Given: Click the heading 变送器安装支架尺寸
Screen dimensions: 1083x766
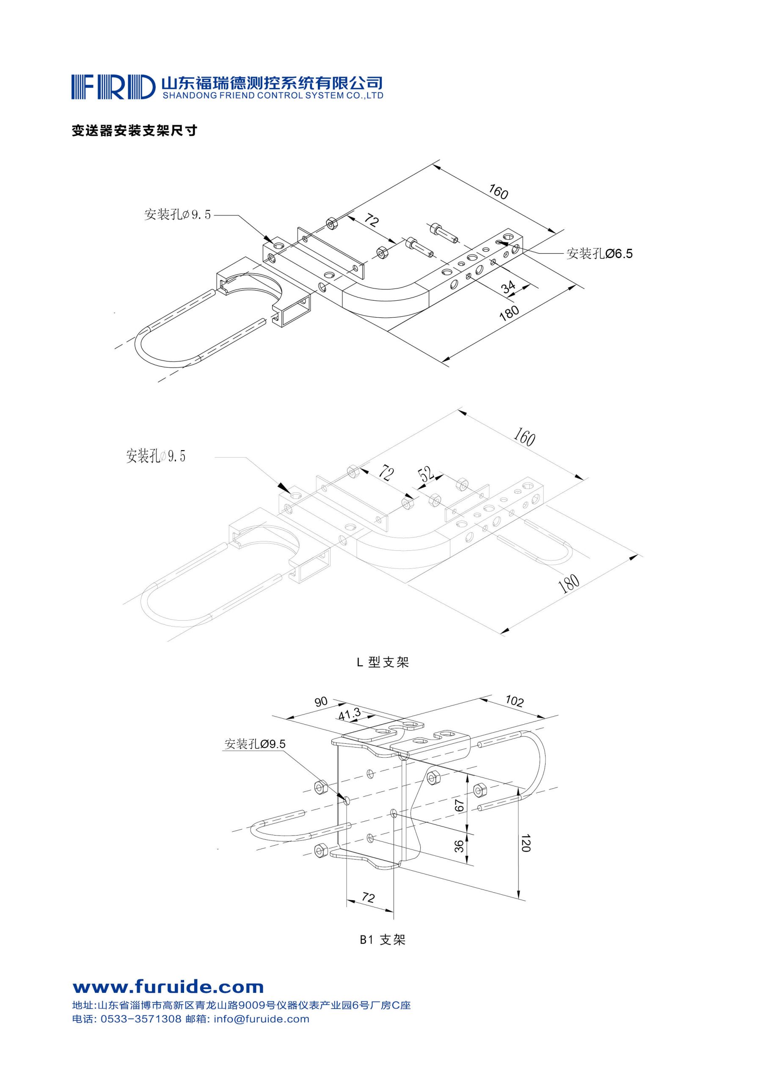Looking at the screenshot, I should [x=134, y=131].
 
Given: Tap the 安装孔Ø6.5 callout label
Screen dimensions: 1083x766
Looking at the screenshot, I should [x=599, y=254].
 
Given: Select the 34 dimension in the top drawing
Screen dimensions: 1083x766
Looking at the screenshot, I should [x=508, y=286].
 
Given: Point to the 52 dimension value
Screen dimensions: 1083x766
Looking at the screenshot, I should [x=427, y=474].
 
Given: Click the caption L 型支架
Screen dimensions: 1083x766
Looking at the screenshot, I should [x=382, y=662].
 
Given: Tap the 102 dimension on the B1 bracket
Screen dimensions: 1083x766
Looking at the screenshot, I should [x=514, y=701].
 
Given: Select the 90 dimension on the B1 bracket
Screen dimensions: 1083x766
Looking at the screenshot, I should [x=321, y=702].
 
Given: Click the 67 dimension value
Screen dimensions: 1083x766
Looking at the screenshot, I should [x=459, y=805].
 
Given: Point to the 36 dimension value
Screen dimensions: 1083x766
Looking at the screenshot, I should [x=459, y=847].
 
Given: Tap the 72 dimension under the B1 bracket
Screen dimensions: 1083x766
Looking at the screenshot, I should [x=368, y=898].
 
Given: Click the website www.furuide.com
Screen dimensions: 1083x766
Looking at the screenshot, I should [x=168, y=987].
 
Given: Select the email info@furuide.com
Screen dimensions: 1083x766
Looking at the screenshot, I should [x=262, y=1019].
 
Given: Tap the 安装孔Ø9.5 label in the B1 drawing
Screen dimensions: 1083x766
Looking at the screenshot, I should [x=255, y=744].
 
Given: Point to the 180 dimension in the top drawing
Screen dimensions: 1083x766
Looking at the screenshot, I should [x=509, y=313].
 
